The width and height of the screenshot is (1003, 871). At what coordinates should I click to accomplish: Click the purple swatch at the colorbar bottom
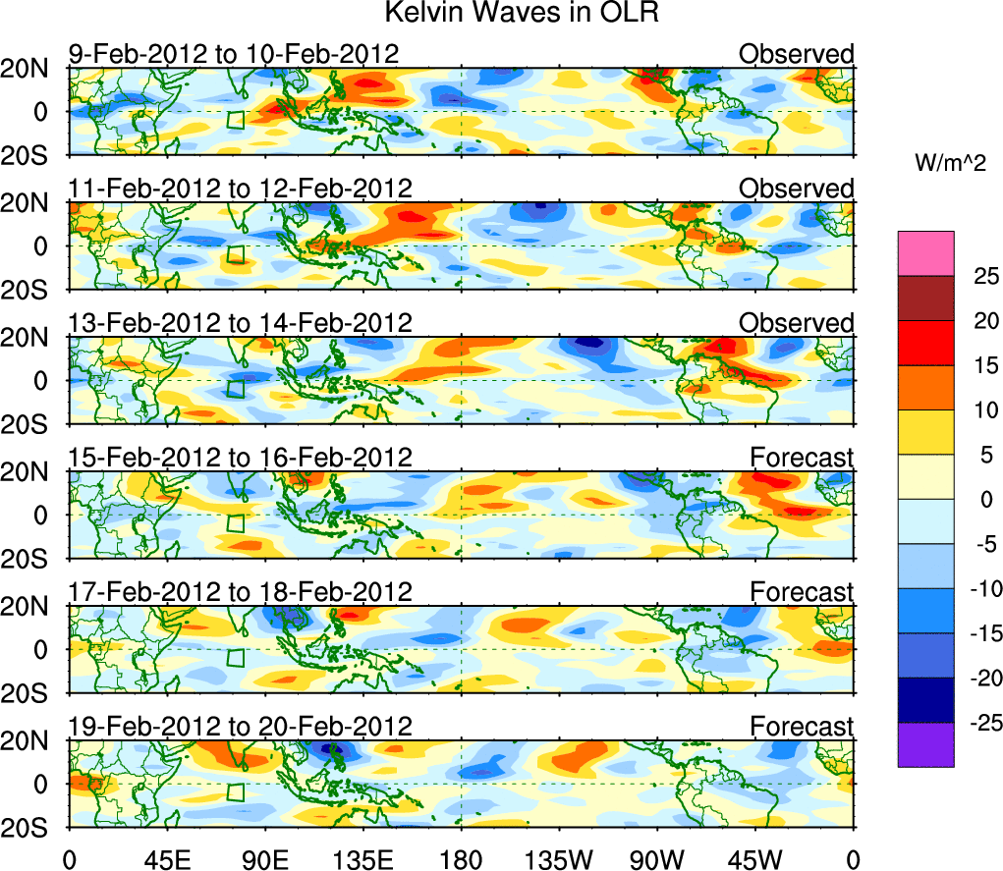[x=924, y=744]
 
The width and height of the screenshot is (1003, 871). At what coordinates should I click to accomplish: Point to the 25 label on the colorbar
[x=974, y=276]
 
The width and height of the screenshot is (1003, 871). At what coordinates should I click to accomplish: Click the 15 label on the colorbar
[x=974, y=365]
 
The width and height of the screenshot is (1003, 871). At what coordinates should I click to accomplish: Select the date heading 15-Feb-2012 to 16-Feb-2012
[x=239, y=457]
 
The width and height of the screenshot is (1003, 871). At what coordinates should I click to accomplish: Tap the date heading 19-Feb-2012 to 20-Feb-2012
[x=239, y=726]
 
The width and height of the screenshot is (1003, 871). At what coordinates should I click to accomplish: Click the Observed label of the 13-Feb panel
[x=796, y=323]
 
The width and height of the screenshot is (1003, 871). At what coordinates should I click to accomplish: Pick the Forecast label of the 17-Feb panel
[x=802, y=591]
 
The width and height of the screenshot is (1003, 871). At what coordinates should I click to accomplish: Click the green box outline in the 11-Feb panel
[x=235, y=254]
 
